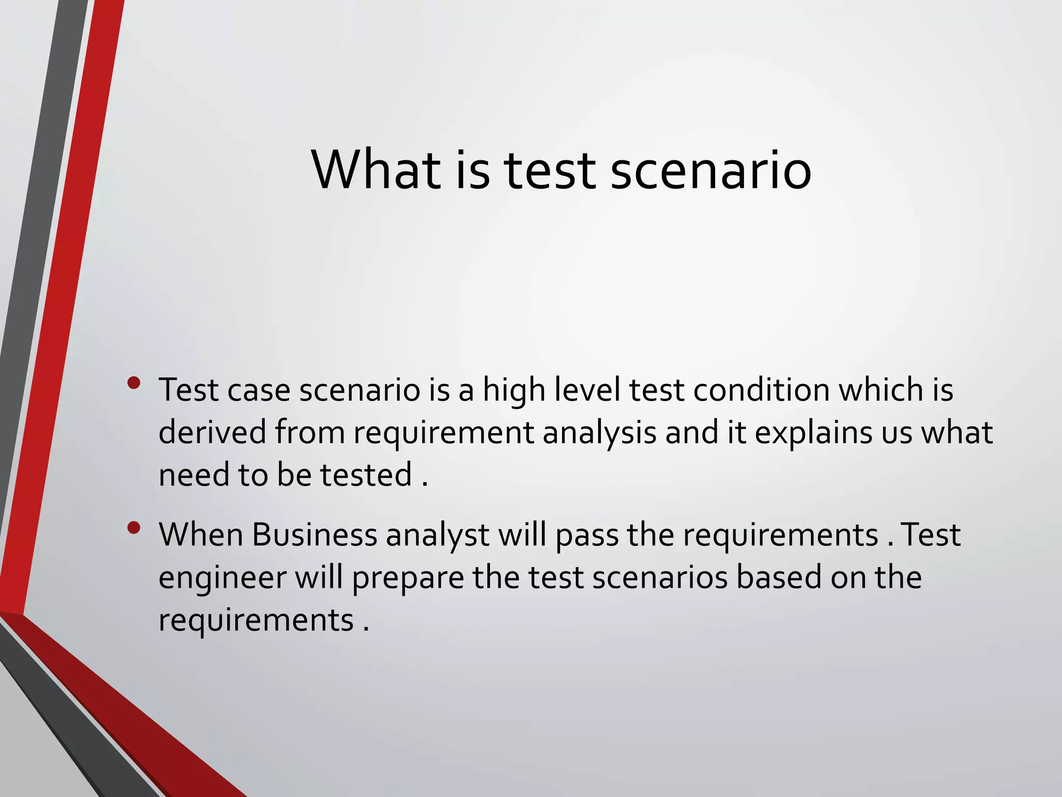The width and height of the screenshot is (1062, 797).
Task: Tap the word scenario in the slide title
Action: tap(710, 170)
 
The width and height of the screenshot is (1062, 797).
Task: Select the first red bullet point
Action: tap(134, 383)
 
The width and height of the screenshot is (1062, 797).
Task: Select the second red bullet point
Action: tap(134, 528)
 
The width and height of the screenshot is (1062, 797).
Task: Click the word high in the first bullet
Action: tap(514, 390)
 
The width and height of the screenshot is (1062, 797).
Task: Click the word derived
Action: tap(212, 432)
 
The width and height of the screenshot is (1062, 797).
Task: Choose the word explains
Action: tap(814, 433)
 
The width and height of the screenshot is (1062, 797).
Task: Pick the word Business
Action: tap(314, 534)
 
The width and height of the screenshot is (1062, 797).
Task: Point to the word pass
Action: tap(586, 535)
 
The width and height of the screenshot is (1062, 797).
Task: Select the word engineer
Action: tap(222, 578)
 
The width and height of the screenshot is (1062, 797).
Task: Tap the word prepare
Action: tap(408, 578)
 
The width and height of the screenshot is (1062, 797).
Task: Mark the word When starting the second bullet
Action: tap(201, 534)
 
